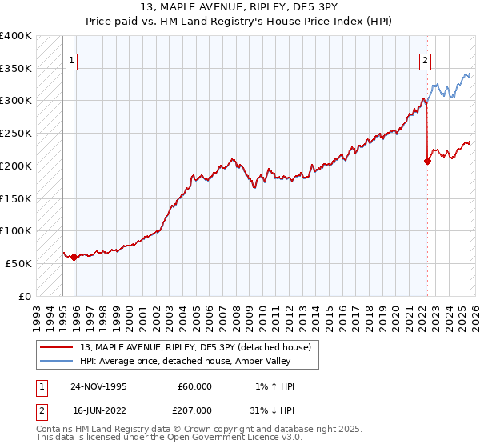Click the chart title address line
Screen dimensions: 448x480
pos(239,6)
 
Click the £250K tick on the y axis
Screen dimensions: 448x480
pos(16,134)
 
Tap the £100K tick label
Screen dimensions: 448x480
pos(16,230)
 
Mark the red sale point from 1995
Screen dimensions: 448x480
pos(74,257)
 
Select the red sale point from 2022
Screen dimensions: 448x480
pos(427,161)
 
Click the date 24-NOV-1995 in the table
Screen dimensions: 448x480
pos(100,386)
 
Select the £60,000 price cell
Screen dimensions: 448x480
pos(195,386)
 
